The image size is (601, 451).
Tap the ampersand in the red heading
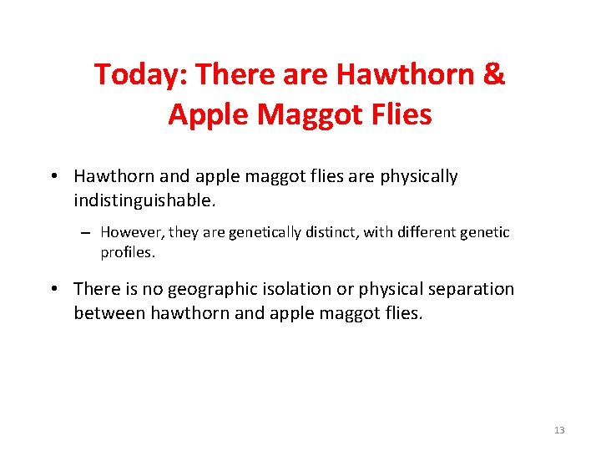click(x=493, y=75)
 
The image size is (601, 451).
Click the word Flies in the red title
click(x=398, y=114)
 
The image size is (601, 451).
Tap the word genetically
click(x=262, y=233)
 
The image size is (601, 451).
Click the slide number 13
click(x=558, y=430)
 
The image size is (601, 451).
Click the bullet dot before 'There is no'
click(x=53, y=290)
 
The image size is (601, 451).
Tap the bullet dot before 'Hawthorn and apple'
click(x=53, y=177)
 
